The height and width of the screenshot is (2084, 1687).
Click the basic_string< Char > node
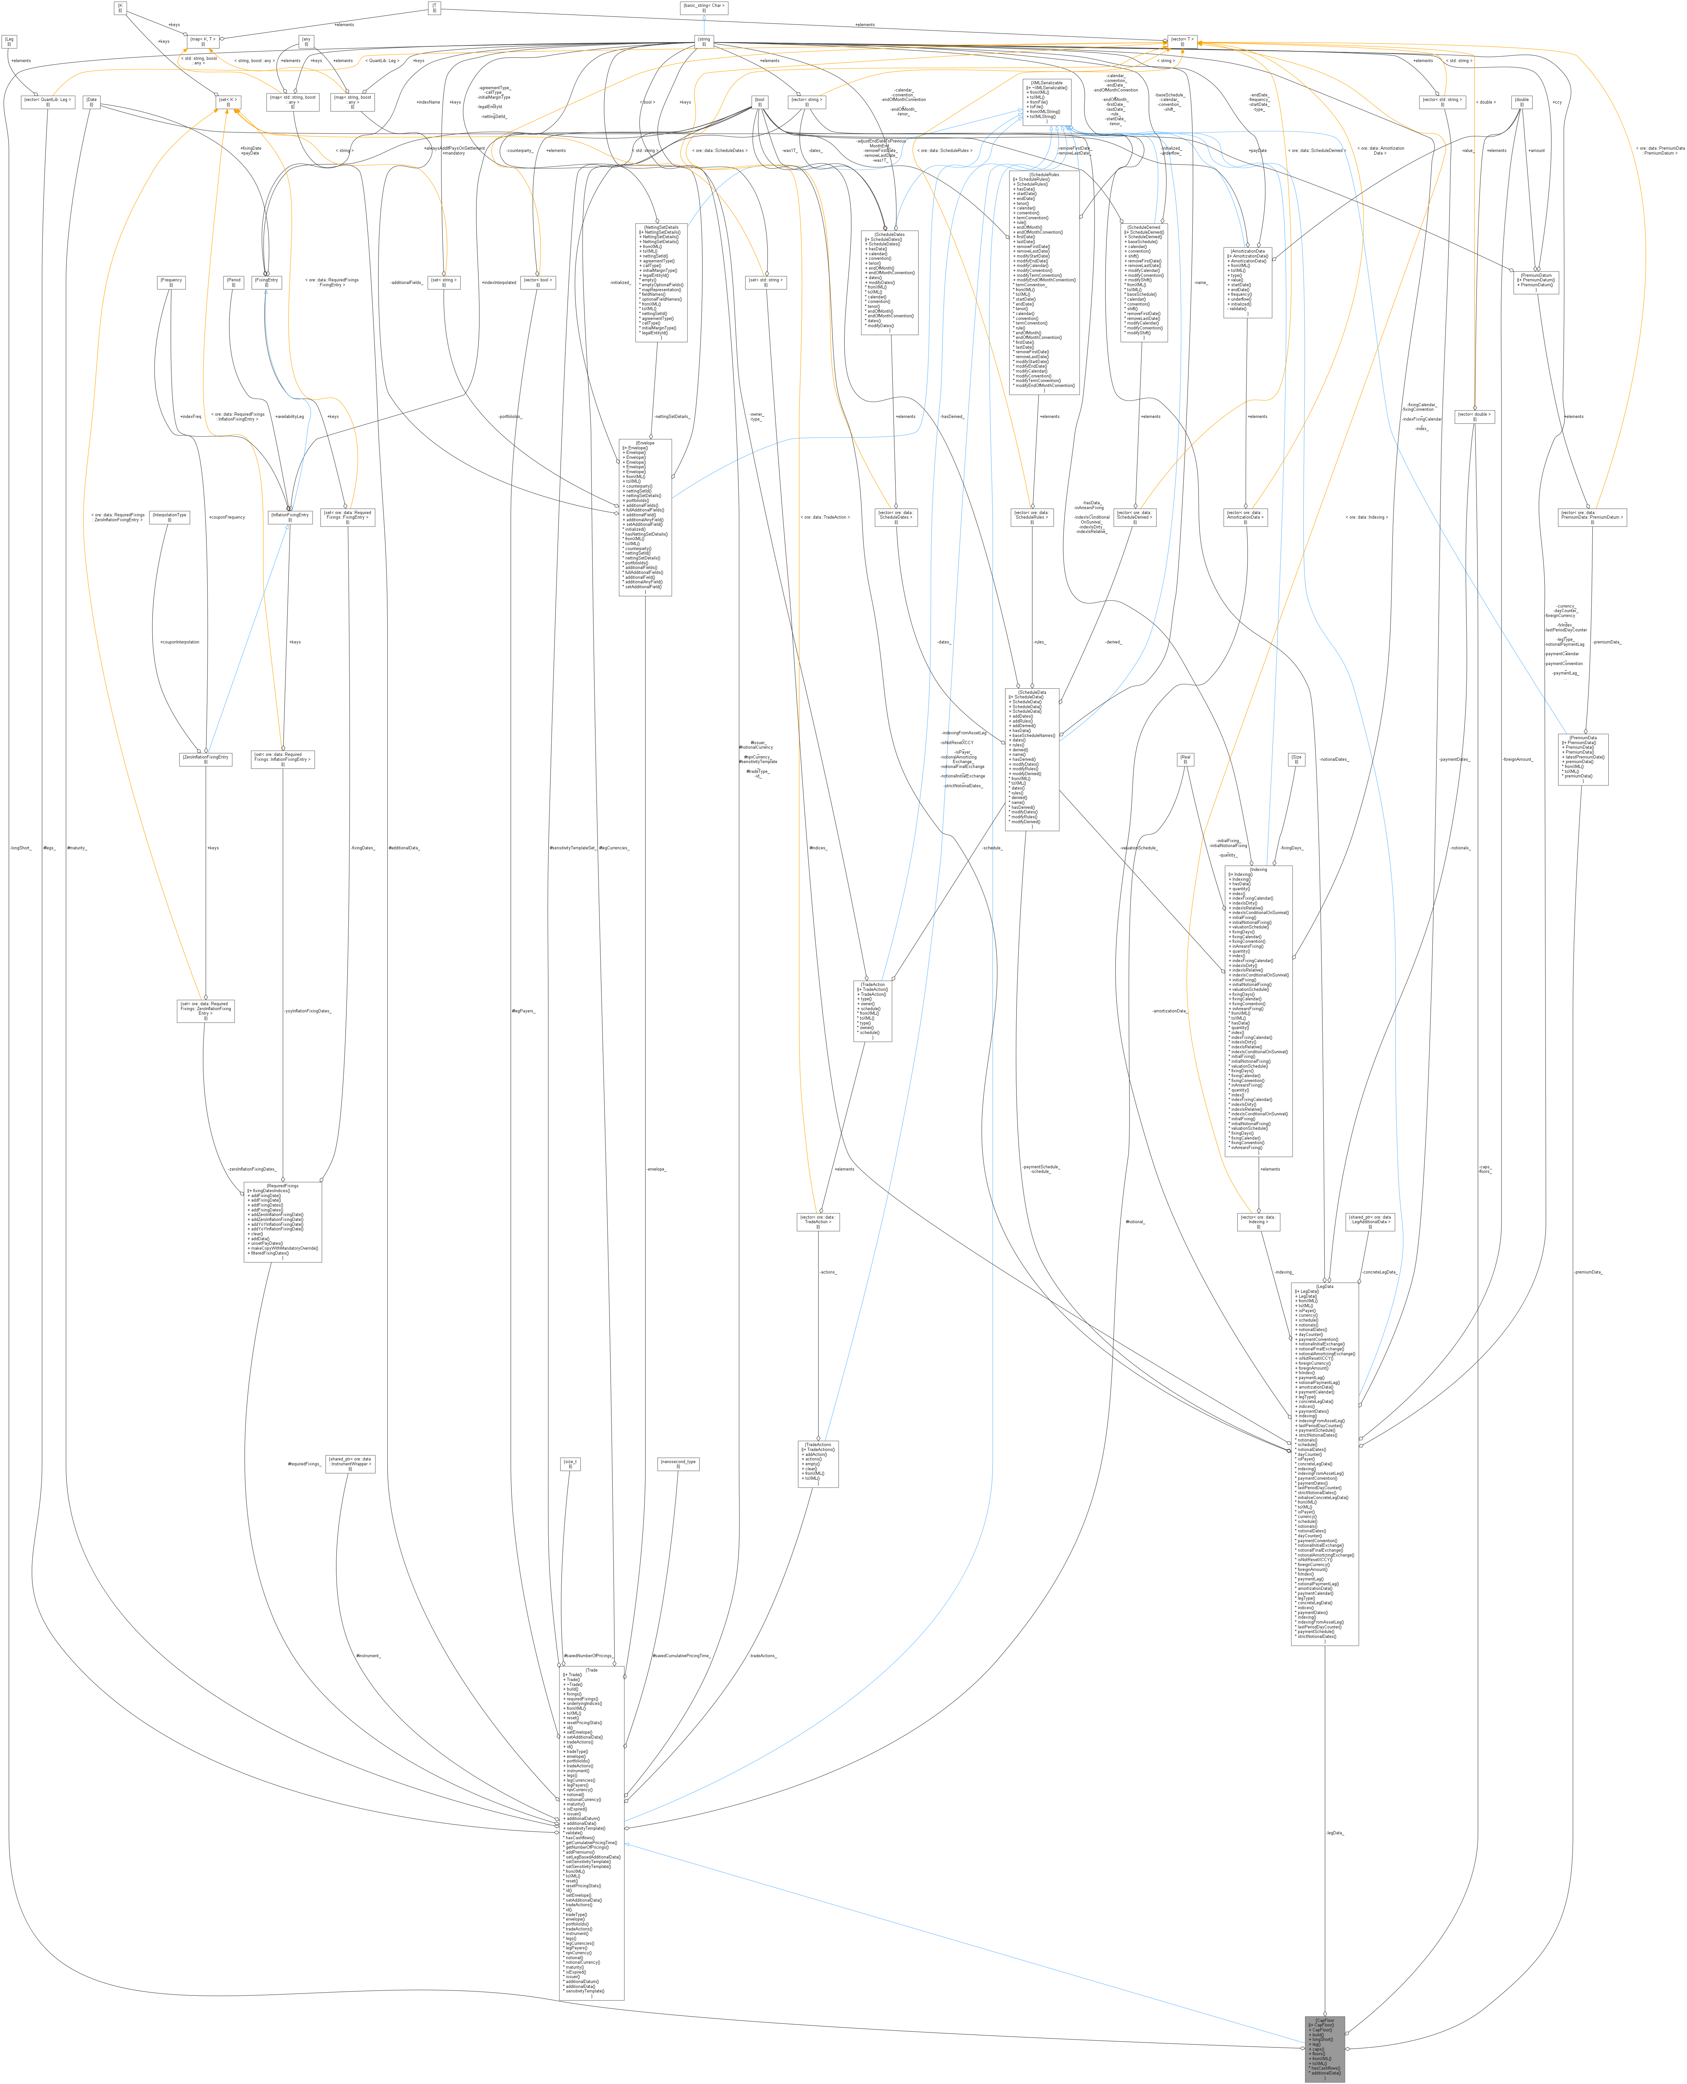[703, 7]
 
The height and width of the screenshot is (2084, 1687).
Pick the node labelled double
[1522, 101]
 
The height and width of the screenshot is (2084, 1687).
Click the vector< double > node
[1474, 416]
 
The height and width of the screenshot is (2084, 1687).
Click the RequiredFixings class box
[282, 1221]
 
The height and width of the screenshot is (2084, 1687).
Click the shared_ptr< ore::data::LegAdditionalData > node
[1370, 1221]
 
